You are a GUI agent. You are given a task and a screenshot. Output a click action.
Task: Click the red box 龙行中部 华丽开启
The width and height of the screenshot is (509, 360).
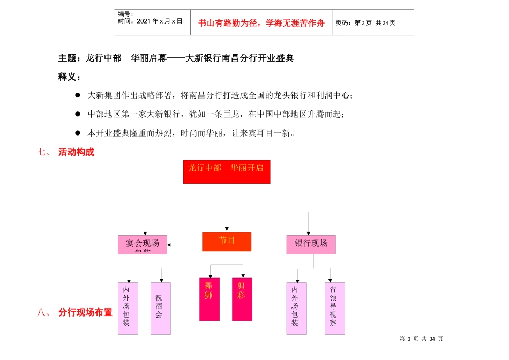click(x=226, y=171)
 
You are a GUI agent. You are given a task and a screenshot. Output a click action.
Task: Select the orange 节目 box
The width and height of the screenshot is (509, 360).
click(x=227, y=242)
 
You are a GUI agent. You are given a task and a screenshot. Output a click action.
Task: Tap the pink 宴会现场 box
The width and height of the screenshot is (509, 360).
click(x=143, y=244)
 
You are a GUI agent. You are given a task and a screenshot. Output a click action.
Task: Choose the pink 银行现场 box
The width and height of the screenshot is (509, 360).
click(x=311, y=244)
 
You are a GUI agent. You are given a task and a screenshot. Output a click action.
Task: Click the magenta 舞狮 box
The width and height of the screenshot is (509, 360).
click(x=209, y=299)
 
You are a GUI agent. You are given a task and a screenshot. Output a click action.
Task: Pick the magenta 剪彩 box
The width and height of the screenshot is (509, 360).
click(x=242, y=299)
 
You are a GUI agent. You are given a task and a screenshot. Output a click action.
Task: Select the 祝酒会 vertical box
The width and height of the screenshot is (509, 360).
click(x=160, y=308)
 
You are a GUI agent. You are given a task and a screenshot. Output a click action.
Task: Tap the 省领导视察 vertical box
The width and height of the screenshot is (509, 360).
click(x=334, y=308)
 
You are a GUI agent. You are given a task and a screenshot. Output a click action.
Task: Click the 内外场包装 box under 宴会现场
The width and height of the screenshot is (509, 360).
click(x=128, y=308)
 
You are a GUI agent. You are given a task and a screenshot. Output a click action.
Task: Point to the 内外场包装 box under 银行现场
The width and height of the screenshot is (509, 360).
click(x=296, y=308)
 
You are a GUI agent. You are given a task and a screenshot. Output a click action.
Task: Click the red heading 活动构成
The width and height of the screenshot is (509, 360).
click(x=76, y=152)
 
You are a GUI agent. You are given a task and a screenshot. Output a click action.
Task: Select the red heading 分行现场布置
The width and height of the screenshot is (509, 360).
click(x=85, y=312)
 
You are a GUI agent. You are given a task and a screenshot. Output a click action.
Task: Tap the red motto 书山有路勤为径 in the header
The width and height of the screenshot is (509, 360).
click(x=261, y=23)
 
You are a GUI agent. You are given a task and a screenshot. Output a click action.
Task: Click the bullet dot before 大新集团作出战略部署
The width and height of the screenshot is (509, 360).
click(x=78, y=95)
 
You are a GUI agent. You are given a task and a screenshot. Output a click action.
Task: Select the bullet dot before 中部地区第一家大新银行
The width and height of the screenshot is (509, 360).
click(x=78, y=114)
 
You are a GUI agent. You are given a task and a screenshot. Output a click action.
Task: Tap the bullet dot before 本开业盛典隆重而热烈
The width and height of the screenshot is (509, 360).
click(x=78, y=133)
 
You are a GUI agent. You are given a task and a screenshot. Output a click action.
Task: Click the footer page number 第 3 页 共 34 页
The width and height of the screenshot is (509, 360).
click(x=421, y=339)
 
